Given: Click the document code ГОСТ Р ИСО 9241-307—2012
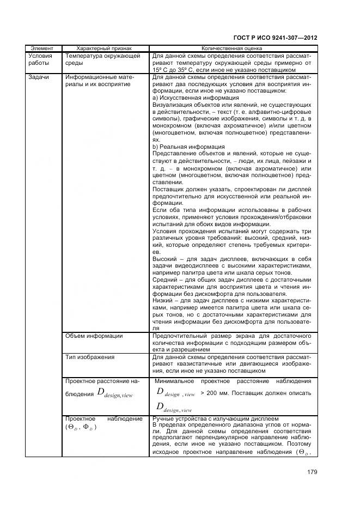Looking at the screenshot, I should coord(275,38).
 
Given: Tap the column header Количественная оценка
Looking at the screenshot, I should coord(231,48).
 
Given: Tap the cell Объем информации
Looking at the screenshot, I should coord(94,336).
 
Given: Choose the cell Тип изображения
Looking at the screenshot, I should coord(89,357).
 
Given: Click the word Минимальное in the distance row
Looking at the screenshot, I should coord(174,381).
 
